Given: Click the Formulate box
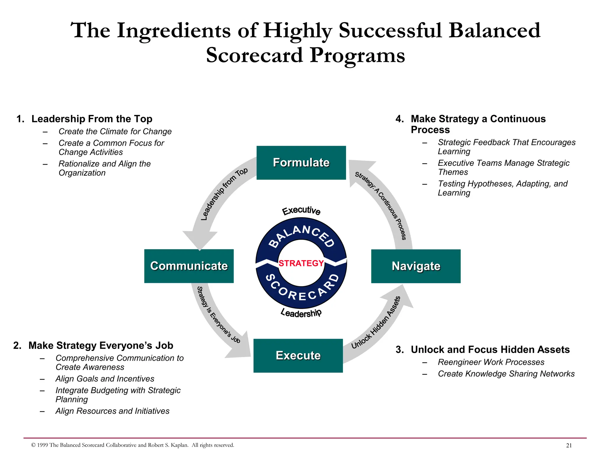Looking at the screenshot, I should [301, 163].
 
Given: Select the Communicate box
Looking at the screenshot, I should [189, 266].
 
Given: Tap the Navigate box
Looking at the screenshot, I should [416, 266].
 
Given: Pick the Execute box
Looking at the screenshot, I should [298, 355].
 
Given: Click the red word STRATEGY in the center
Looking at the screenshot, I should [301, 263].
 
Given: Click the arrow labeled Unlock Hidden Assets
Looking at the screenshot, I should [378, 325].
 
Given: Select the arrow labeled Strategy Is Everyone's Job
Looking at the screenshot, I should [217, 319].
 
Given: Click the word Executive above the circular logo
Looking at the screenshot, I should [301, 210].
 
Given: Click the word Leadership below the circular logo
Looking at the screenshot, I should [301, 313].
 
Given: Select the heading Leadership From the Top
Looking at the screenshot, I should [92, 119].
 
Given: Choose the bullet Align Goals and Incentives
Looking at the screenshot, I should [105, 379].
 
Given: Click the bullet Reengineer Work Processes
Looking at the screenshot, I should [491, 362].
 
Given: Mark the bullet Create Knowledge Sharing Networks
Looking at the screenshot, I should [506, 374].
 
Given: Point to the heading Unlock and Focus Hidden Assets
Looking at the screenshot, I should [490, 349].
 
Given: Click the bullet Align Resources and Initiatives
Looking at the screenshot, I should [112, 411].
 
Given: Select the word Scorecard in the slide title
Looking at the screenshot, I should [255, 55].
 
